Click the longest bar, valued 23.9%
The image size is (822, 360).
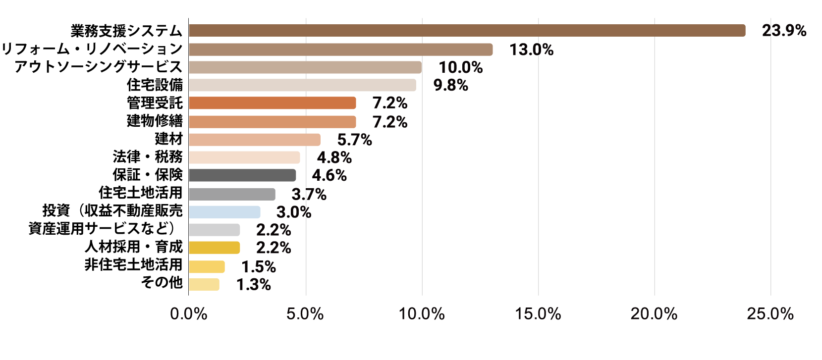coord(467,30)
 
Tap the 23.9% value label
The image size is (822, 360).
coord(784,31)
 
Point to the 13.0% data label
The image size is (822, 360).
coord(531,50)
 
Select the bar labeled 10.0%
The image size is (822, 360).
coord(305,67)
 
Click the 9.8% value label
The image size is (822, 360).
coord(450,85)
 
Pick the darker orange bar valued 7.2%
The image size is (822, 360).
coord(272,103)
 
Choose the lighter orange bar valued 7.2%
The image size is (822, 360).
coord(272,122)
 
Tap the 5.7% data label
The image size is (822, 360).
coord(354,140)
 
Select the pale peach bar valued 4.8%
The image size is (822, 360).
coord(244,157)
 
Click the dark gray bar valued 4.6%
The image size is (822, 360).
coord(242,175)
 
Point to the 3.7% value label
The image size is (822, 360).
coord(309,194)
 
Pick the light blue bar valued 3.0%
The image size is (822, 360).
coord(224,212)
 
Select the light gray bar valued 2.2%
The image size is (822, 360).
coord(214,230)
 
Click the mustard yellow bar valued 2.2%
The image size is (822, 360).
coord(214,248)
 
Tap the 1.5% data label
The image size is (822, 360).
coord(258,267)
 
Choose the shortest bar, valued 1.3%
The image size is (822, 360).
coord(204,284)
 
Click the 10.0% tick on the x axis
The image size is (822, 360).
coord(422,313)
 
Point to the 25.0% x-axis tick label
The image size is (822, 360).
coord(770,313)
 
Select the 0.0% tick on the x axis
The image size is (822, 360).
coord(189,313)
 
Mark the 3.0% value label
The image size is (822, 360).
coord(293,212)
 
